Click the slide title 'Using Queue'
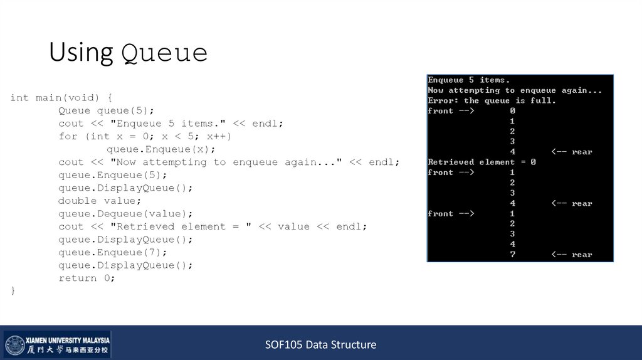click(x=128, y=53)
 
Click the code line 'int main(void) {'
click(x=61, y=98)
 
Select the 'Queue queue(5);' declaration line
click(x=106, y=111)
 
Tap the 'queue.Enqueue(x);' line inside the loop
click(x=160, y=149)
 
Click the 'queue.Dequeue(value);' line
click(x=125, y=214)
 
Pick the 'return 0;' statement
click(x=87, y=278)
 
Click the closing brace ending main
click(x=13, y=291)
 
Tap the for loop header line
click(x=145, y=136)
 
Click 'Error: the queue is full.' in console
click(x=492, y=100)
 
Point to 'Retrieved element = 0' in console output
click(x=481, y=162)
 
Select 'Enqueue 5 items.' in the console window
click(x=468, y=80)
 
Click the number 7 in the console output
click(x=512, y=255)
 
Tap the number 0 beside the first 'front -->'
click(x=512, y=110)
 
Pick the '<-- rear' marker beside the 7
click(x=571, y=255)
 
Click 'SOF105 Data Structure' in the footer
click(x=320, y=344)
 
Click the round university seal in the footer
click(x=15, y=345)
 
